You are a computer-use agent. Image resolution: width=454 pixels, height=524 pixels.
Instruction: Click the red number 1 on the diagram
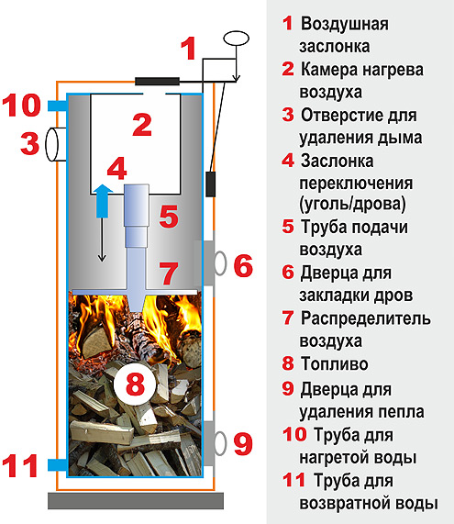[188, 49]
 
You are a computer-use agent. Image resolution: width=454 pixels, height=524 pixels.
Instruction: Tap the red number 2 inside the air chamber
[142, 125]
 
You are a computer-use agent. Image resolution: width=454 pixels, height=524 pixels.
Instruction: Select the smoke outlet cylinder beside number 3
[56, 144]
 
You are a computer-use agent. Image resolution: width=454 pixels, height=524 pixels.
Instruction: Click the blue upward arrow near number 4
[103, 201]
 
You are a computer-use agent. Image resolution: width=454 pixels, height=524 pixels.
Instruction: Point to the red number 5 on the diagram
[169, 217]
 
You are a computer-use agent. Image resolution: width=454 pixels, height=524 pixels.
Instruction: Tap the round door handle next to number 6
[220, 263]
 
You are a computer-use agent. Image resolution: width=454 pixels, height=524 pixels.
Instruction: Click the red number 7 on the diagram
[169, 273]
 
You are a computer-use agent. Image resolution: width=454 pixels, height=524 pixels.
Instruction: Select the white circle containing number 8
[135, 384]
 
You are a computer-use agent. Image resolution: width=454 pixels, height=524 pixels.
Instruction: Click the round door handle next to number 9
[220, 443]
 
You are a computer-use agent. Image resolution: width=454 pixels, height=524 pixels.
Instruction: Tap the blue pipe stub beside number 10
[58, 106]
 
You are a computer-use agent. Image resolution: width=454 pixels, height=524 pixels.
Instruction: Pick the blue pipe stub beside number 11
[58, 464]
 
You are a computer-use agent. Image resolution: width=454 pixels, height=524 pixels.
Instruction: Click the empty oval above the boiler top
[237, 39]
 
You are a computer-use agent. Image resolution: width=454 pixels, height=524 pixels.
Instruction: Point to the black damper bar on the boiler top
[157, 81]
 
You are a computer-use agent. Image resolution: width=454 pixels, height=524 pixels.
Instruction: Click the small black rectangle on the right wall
[210, 184]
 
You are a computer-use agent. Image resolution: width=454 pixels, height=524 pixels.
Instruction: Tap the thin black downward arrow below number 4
[102, 240]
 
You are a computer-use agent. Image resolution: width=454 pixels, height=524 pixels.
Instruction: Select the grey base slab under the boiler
[136, 500]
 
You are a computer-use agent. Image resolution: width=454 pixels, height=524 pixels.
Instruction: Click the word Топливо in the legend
[334, 363]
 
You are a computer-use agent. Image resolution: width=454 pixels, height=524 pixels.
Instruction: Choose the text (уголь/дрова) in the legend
[352, 204]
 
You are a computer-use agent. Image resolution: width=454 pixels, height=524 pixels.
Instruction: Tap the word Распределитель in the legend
[365, 318]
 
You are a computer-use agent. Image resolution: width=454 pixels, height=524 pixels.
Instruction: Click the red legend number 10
[294, 434]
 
